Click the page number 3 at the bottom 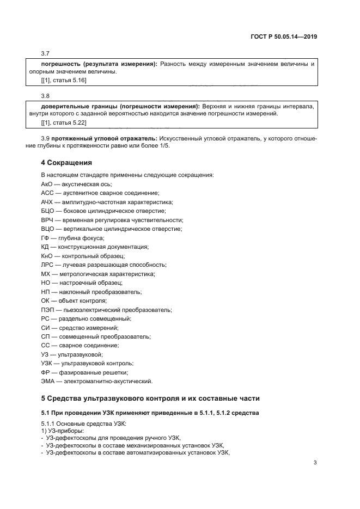tap(315, 463)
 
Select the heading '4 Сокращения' tap(66, 163)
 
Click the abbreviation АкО tap(47, 185)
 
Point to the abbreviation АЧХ tap(48, 202)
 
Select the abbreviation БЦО tap(48, 211)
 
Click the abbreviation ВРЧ tap(48, 220)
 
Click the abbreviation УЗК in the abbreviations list tap(47, 363)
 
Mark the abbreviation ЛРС tap(48, 265)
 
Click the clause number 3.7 tap(45, 53)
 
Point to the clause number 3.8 tap(45, 96)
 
